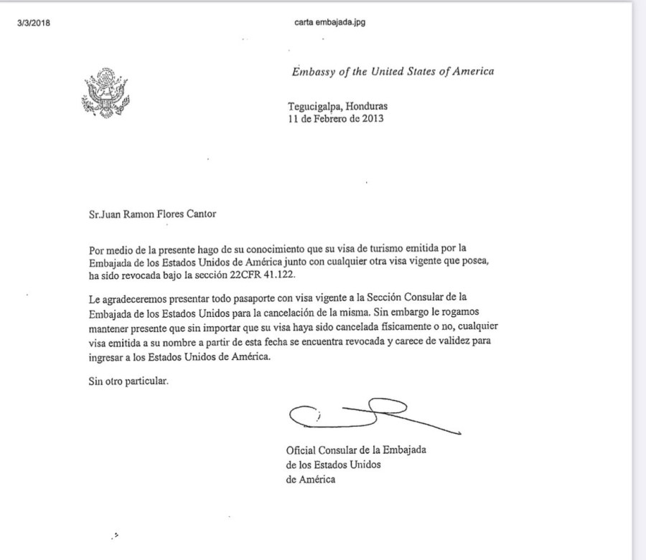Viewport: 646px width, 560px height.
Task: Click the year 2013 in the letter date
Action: tap(372, 119)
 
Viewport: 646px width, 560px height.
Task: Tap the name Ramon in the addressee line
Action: tap(134, 212)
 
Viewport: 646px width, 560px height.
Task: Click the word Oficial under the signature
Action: tap(301, 451)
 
